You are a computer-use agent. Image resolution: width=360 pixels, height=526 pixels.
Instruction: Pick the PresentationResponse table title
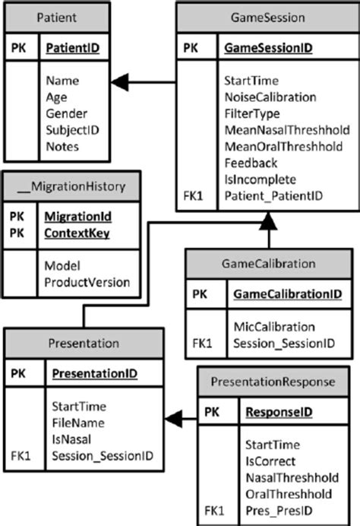coord(276,380)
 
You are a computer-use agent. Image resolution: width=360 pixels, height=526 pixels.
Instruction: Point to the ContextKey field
coord(77,233)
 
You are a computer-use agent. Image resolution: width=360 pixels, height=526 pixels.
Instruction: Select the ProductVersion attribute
coord(87,281)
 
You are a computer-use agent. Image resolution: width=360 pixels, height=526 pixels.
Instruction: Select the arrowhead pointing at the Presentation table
coord(173,416)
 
